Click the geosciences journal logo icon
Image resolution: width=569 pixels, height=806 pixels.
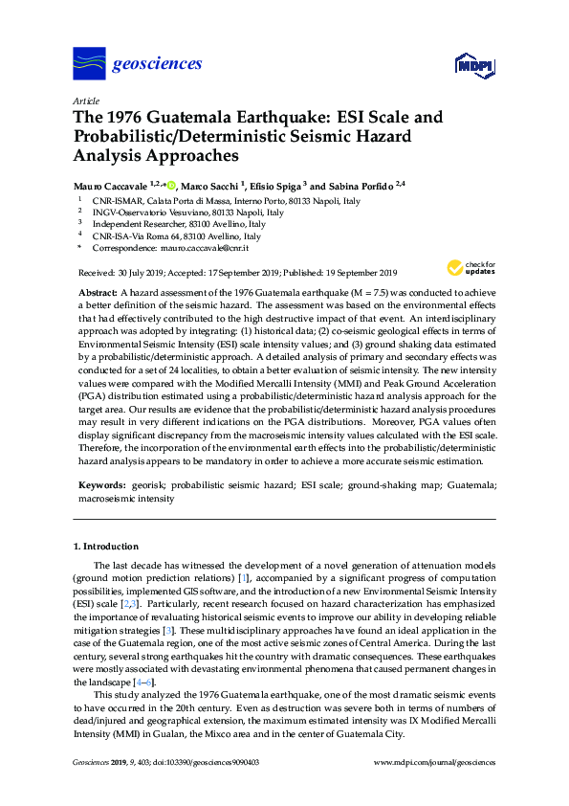(x=88, y=64)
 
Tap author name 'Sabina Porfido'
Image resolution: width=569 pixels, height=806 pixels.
(x=362, y=183)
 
